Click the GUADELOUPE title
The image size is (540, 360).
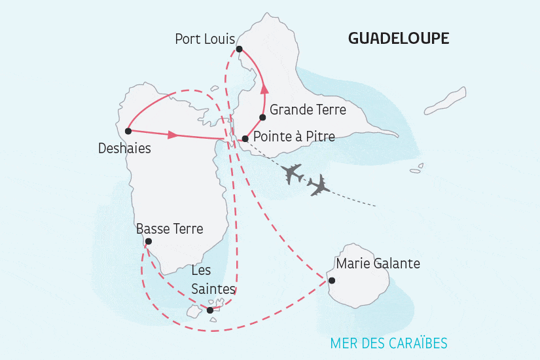[398, 39]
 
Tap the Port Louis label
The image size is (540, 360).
[204, 39]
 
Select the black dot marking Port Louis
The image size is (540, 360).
[240, 49]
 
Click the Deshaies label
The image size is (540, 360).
[124, 149]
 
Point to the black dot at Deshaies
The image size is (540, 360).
[128, 131]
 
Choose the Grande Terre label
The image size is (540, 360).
[308, 109]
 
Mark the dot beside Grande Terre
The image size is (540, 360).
[262, 118]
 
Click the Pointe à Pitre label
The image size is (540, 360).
[294, 137]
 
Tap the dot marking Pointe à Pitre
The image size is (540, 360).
[245, 139]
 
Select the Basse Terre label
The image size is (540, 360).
[170, 229]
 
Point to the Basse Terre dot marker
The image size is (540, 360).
[149, 242]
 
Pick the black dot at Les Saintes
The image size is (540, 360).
[210, 310]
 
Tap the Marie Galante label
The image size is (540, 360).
[378, 264]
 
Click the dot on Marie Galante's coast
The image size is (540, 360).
[332, 281]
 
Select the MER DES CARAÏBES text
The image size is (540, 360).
[389, 343]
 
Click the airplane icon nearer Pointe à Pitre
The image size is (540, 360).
[292, 175]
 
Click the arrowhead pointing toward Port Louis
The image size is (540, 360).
[264, 90]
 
